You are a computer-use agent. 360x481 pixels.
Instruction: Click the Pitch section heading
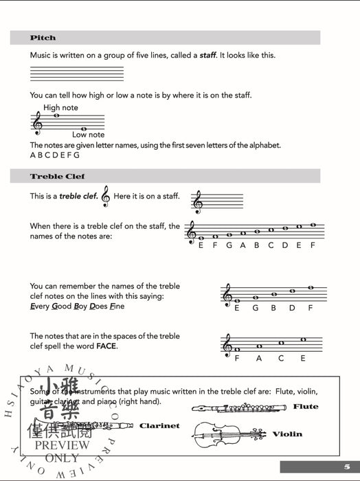43,38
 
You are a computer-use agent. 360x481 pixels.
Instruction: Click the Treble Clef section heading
57,177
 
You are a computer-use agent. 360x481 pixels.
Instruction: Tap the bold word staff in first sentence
207,55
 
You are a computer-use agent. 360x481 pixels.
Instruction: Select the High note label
60,108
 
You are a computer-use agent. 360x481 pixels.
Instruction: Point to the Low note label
89,135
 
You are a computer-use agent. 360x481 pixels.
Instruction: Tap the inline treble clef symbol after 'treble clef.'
105,196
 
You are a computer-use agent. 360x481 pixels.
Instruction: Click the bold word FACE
106,346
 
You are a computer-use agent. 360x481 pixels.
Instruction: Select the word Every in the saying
41,306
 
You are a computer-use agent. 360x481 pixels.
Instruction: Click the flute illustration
238,408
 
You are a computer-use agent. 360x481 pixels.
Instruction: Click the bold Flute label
306,407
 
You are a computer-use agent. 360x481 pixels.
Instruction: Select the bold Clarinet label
159,426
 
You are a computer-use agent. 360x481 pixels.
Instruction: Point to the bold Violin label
287,434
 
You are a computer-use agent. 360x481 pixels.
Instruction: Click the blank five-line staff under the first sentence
77,74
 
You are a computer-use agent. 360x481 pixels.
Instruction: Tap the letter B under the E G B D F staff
273,309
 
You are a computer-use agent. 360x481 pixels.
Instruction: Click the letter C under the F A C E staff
280,358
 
